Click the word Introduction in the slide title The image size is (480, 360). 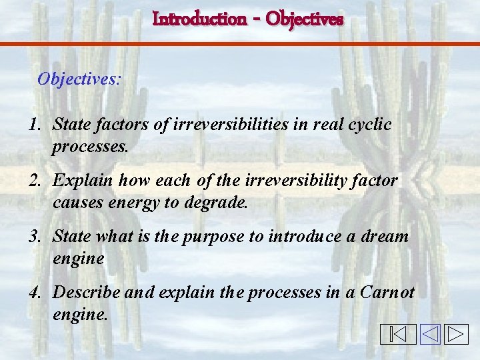point(199,19)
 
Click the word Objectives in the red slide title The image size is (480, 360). point(304,19)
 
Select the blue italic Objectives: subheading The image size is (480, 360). point(79,79)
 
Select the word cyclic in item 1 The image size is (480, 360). point(369,124)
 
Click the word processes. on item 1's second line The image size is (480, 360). point(90,147)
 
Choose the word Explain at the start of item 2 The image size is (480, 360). point(81,181)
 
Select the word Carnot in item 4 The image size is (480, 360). point(388,293)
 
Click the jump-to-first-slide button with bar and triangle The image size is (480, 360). point(399,334)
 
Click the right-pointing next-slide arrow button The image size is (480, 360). point(457,334)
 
